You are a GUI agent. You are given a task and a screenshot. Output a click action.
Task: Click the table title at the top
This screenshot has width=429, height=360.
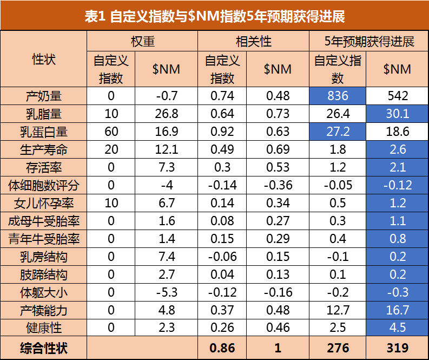(214, 16)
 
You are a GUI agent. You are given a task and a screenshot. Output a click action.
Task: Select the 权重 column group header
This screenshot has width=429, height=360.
(142, 41)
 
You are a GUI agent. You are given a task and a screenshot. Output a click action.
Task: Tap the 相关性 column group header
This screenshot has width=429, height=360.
(253, 41)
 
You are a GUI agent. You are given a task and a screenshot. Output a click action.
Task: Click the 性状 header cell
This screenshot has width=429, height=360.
(44, 59)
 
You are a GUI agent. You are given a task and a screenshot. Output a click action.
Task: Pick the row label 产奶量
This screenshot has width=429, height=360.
(44, 96)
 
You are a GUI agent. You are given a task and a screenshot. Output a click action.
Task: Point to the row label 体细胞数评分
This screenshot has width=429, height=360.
(44, 185)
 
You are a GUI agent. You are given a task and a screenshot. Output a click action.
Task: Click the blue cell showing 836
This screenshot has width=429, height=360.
(337, 96)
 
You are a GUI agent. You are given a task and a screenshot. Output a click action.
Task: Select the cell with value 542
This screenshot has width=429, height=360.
(397, 96)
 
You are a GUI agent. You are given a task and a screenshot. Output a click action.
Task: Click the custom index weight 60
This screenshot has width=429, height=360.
(111, 132)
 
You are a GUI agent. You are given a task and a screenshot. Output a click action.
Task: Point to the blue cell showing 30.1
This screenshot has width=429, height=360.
(397, 114)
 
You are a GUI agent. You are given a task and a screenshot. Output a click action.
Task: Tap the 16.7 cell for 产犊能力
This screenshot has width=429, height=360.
(397, 310)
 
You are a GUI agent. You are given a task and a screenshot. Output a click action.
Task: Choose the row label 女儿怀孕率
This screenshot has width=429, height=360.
(44, 203)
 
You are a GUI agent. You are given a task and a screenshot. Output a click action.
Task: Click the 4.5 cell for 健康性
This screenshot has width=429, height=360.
(397, 328)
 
